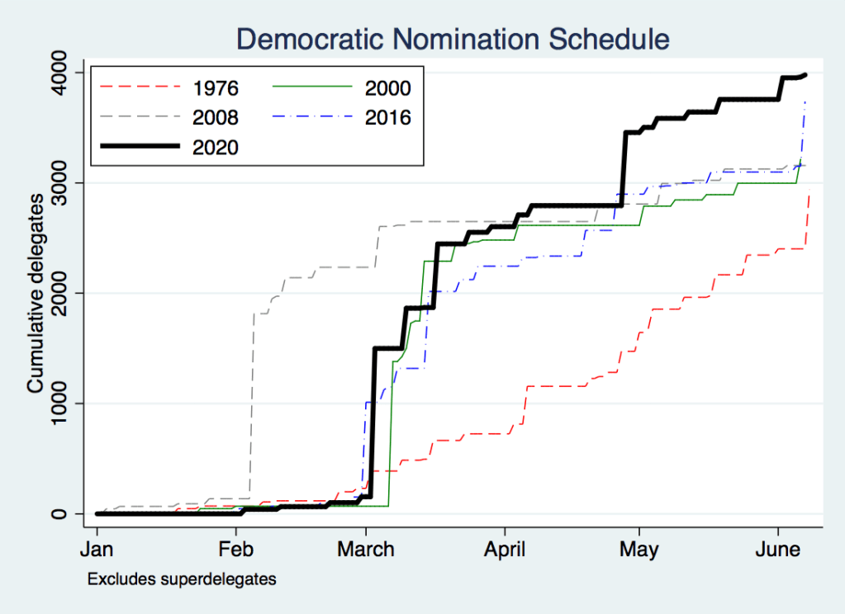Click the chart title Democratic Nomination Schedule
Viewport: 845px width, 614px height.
[452, 39]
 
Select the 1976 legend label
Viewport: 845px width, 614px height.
[216, 87]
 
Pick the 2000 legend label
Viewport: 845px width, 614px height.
[387, 87]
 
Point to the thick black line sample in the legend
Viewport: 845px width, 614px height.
[139, 146]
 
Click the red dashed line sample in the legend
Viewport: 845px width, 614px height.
[139, 87]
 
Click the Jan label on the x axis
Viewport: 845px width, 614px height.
[97, 549]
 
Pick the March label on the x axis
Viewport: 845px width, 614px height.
[366, 549]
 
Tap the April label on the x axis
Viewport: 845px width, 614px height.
[505, 549]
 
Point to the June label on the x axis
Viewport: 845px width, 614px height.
[777, 549]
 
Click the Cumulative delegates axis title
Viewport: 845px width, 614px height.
[36, 293]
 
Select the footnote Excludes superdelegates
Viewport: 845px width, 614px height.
[181, 579]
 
